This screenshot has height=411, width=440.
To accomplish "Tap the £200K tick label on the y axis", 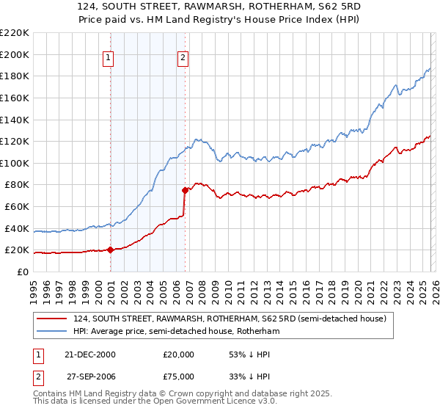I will coord(15,54).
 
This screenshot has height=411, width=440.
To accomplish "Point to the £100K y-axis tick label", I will coord(15,163).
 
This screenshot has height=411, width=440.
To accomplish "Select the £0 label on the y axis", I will coord(21,272).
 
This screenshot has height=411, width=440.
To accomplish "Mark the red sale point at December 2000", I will coord(110,250).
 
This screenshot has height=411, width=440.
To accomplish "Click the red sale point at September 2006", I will coord(185,190).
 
